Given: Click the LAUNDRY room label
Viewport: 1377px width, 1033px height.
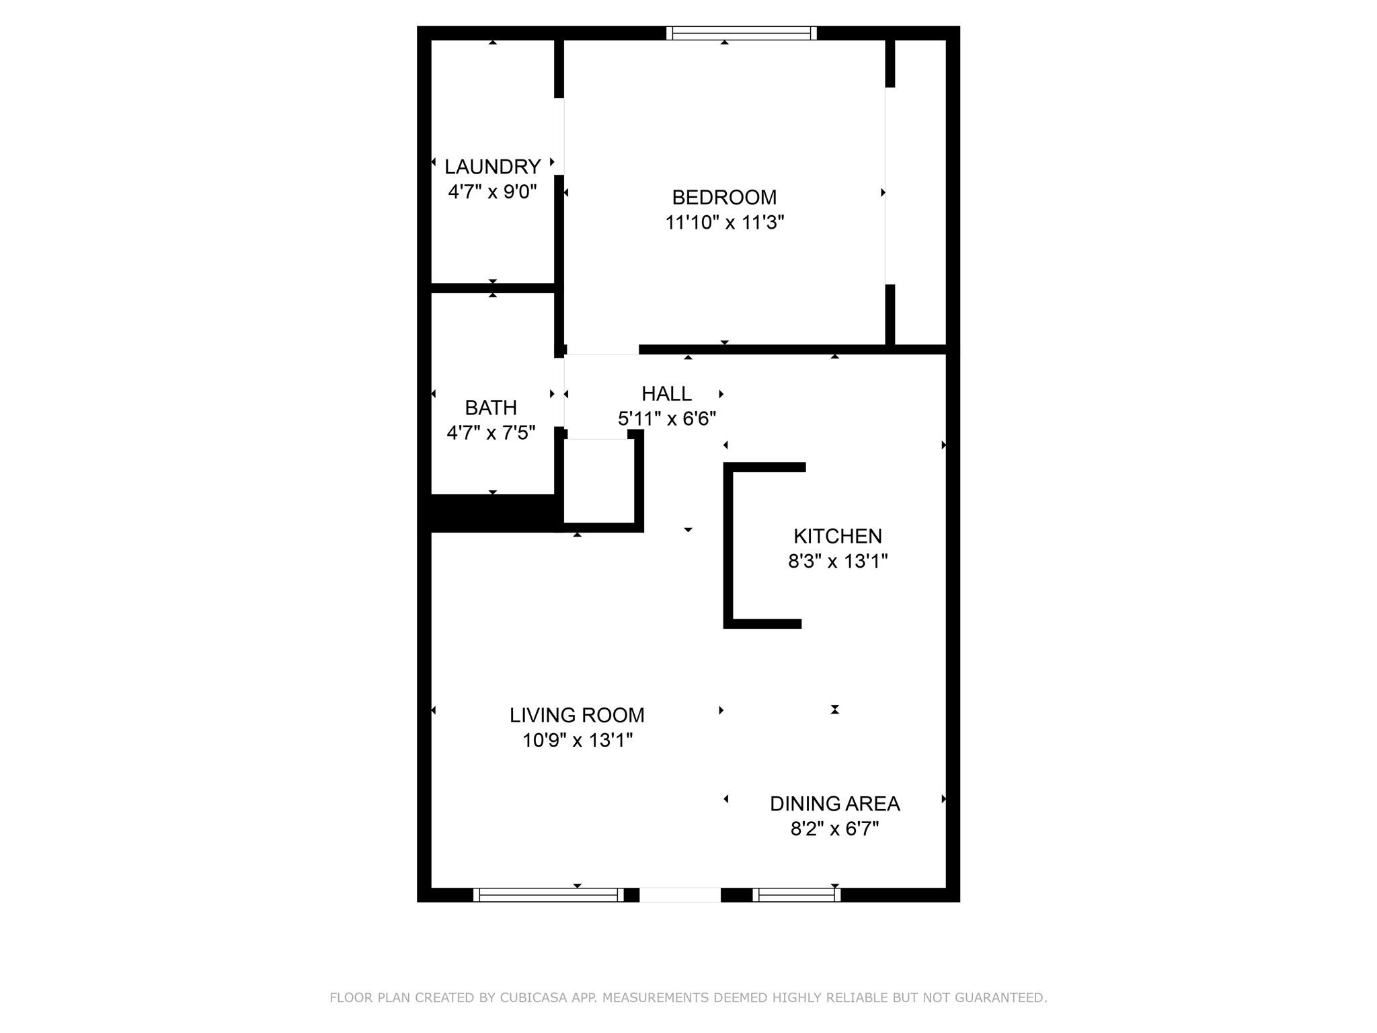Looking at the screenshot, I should tap(492, 166).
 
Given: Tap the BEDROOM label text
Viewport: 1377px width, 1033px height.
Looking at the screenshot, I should tap(724, 197).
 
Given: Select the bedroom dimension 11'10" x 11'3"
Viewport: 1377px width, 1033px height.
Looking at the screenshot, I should tap(725, 223).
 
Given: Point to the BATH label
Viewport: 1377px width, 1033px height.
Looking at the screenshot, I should tap(491, 408).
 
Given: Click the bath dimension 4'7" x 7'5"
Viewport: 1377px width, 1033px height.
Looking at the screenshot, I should tap(491, 432).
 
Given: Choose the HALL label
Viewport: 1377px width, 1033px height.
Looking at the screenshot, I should tap(666, 393).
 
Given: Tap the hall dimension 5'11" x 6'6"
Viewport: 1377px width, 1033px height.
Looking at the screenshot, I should tap(667, 419).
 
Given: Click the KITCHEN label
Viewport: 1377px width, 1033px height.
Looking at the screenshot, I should tap(838, 536).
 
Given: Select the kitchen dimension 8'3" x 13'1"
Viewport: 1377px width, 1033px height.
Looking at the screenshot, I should tap(838, 561).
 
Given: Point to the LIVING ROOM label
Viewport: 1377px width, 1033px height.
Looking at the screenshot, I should tap(577, 715).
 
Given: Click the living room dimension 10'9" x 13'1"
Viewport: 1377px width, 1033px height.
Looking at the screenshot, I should tap(578, 740).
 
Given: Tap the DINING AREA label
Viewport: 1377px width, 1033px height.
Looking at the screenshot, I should tap(834, 804).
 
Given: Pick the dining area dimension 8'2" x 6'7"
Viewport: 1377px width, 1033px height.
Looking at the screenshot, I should tap(834, 829).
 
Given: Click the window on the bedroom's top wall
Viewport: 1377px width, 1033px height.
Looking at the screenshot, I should tap(742, 33).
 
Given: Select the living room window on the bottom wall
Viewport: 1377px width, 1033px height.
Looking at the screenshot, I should tap(548, 895).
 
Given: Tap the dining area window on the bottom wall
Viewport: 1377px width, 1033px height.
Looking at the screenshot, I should tap(796, 895).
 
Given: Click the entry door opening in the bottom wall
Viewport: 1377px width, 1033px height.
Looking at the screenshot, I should tap(680, 895).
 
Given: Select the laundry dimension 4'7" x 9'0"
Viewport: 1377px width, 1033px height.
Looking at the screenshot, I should tap(492, 192).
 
